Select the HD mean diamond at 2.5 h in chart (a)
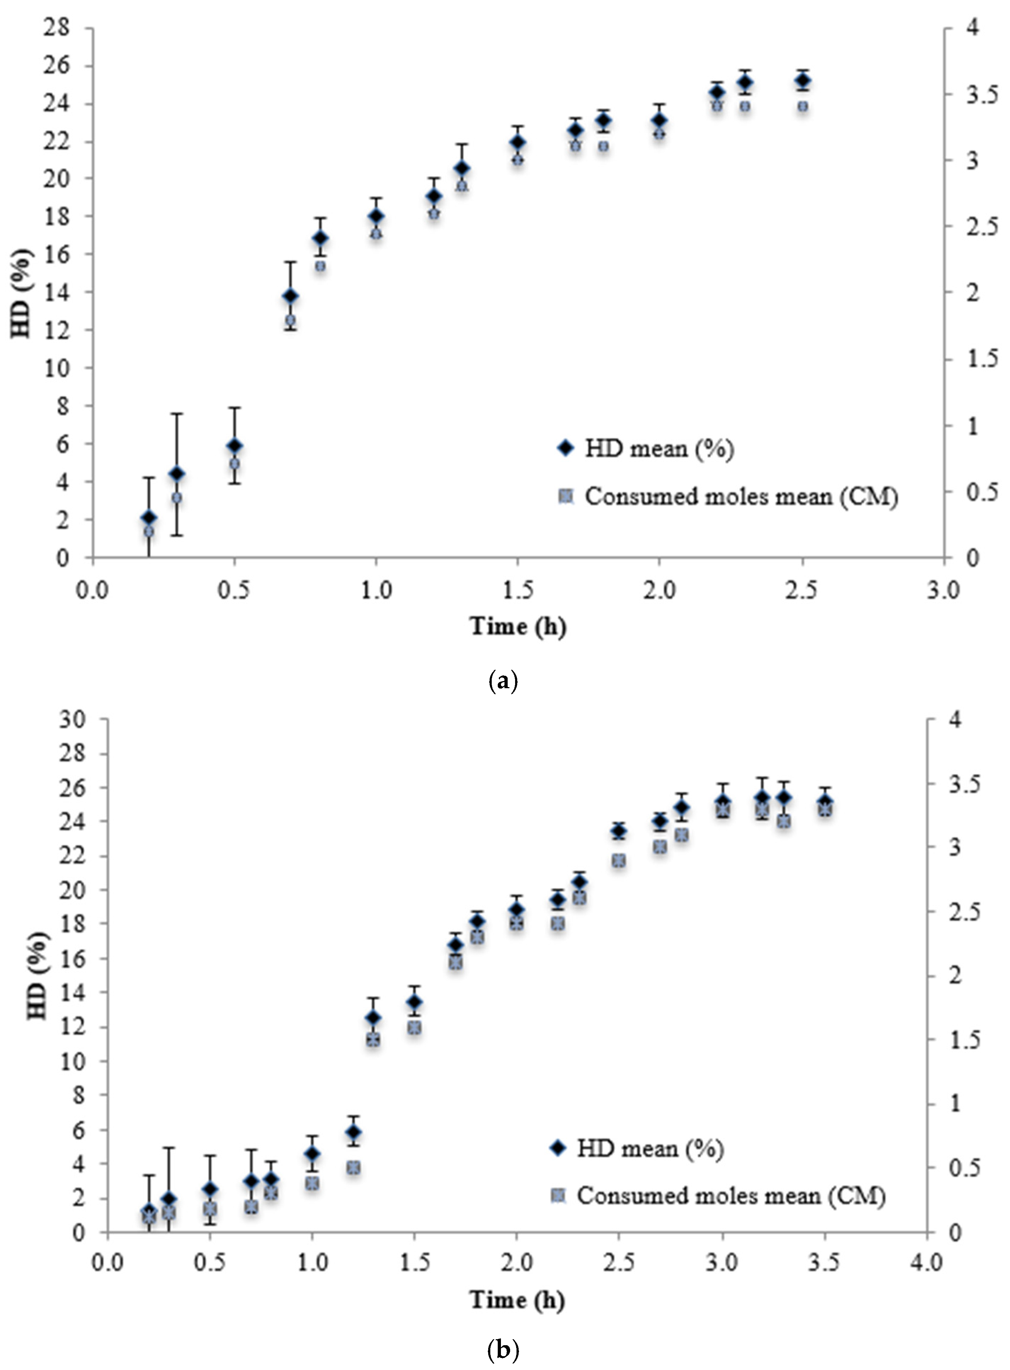803,80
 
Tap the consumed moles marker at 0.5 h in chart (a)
234,464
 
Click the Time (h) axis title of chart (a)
518,626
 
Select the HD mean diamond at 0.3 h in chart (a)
177,474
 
